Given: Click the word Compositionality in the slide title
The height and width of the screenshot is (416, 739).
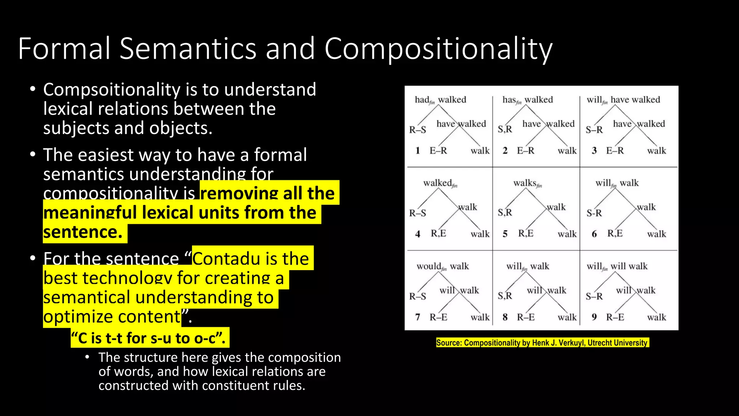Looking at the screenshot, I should (438, 49).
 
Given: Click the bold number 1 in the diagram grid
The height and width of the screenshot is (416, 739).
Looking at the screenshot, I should (417, 151).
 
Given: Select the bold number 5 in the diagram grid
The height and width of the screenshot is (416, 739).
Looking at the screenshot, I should (505, 234).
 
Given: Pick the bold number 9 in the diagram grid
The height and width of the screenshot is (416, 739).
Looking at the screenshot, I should (594, 317).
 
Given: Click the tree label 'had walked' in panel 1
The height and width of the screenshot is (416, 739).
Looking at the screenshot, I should (440, 100).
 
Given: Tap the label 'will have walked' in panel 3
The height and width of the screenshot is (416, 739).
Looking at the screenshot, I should (623, 100).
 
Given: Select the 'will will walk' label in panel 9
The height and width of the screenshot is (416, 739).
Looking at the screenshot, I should (617, 266).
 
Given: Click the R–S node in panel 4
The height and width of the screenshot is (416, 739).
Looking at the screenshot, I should (417, 213).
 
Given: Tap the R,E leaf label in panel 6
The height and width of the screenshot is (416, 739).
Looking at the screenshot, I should (615, 233).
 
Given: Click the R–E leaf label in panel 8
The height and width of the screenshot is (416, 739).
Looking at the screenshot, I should (526, 317).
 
